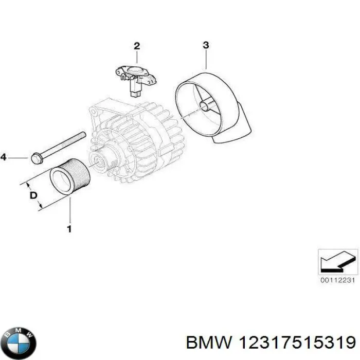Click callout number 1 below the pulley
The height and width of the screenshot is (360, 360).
point(69,228)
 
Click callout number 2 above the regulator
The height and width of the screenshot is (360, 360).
point(137,46)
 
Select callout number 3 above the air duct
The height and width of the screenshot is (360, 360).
point(205,45)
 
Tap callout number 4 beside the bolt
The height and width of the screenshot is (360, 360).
point(3,157)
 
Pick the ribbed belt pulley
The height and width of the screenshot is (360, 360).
point(70,179)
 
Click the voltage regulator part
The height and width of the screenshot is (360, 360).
point(137,77)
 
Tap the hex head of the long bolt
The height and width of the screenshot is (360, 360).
point(36,157)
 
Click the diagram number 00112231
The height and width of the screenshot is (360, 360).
point(337,280)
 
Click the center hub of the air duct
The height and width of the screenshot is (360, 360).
point(206,106)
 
